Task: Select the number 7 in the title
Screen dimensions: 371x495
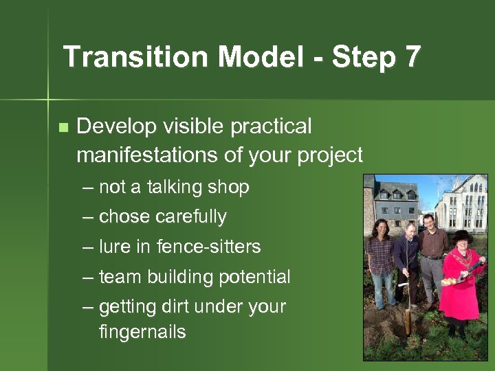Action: pos(412,57)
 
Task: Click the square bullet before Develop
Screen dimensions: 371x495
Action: pos(63,127)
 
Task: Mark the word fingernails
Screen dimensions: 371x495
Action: pos(142,333)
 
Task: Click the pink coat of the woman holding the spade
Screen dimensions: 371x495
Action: pos(459,289)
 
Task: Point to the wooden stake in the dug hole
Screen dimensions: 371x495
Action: pos(408,316)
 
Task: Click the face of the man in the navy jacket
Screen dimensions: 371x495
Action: pos(410,230)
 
